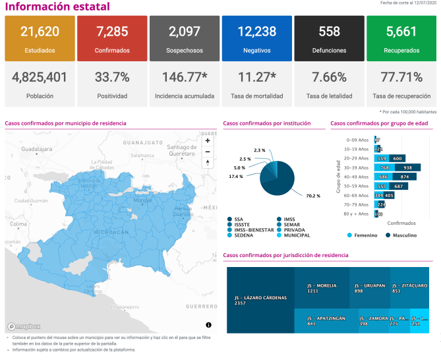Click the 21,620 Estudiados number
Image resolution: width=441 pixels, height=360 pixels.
pyautogui.click(x=40, y=32)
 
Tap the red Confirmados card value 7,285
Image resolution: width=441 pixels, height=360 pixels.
pyautogui.click(x=112, y=32)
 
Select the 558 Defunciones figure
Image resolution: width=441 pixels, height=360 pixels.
pyautogui.click(x=329, y=32)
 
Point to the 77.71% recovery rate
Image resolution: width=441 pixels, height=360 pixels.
pyautogui.click(x=401, y=78)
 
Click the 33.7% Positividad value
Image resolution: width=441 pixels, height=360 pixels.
pyautogui.click(x=112, y=78)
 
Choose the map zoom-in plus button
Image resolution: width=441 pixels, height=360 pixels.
pyautogui.click(x=208, y=140)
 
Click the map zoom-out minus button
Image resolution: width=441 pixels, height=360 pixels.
pyautogui.click(x=208, y=151)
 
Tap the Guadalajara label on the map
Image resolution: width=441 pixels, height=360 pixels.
pyautogui.click(x=36, y=150)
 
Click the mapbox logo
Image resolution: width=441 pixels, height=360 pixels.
pyautogui.click(x=24, y=326)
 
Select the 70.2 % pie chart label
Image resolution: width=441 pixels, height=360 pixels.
pyautogui.click(x=313, y=196)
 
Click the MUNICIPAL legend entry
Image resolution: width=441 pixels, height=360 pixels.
pyautogui.click(x=296, y=235)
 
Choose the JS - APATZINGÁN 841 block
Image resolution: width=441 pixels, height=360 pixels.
pyautogui.click(x=326, y=320)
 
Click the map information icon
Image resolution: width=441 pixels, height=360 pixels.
pyautogui.click(x=208, y=325)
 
